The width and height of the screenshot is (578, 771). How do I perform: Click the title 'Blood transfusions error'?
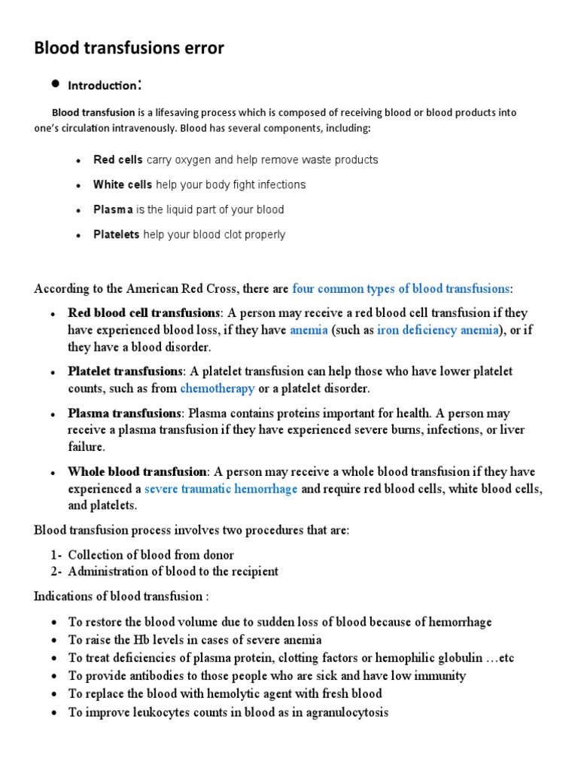pyautogui.click(x=129, y=48)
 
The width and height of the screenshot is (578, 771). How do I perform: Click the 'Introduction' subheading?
pyautogui.click(x=104, y=85)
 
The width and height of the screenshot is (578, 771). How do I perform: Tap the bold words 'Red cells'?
pyautogui.click(x=118, y=160)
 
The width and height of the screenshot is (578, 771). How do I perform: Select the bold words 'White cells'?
pyautogui.click(x=123, y=184)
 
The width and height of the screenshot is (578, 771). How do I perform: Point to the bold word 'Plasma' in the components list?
pyautogui.click(x=113, y=209)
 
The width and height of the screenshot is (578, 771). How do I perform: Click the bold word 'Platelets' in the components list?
pyautogui.click(x=116, y=234)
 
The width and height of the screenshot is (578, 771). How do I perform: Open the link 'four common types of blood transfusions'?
pyautogui.click(x=400, y=288)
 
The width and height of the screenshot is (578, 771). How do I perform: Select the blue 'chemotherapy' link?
pyautogui.click(x=218, y=389)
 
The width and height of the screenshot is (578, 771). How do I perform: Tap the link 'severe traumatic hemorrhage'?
pyautogui.click(x=221, y=489)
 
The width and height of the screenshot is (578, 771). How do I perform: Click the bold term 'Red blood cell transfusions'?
pyautogui.click(x=144, y=312)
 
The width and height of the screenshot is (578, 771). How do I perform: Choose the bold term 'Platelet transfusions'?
pyautogui.click(x=126, y=371)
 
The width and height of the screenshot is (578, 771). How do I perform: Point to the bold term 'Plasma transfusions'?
pyautogui.click(x=124, y=413)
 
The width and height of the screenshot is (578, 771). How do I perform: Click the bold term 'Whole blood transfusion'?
pyautogui.click(x=138, y=472)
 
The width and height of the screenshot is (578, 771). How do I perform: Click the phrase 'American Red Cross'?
pyautogui.click(x=158, y=288)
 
